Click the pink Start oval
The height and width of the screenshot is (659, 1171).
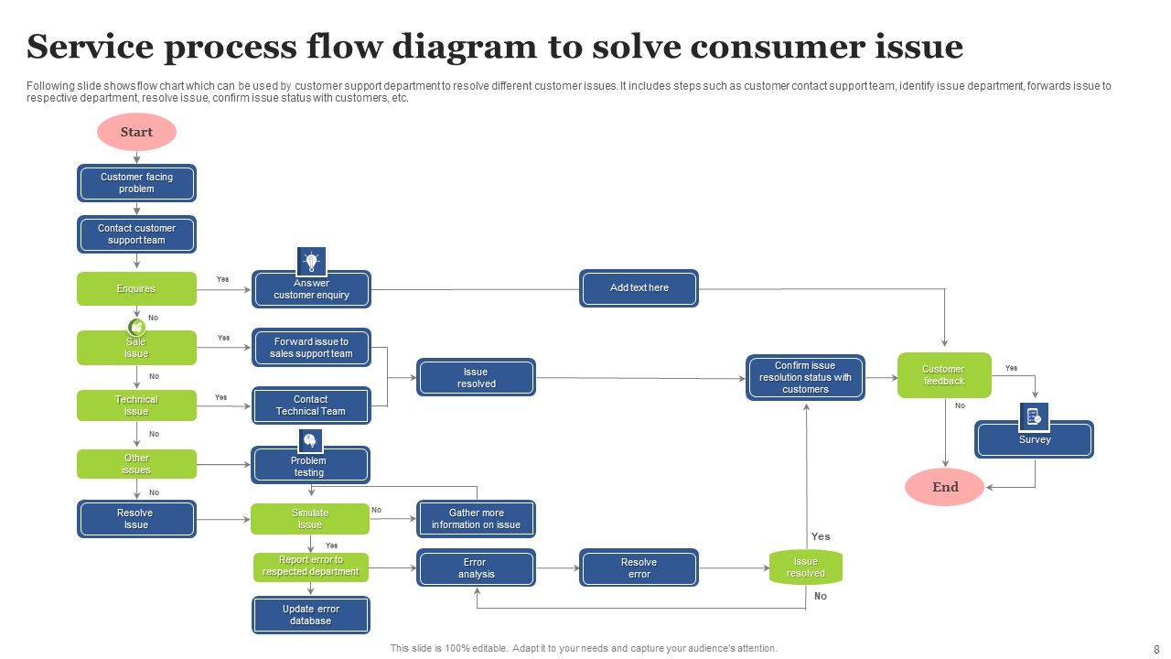click(136, 133)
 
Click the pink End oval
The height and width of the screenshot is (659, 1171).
click(944, 487)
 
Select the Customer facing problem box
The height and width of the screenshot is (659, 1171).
click(136, 183)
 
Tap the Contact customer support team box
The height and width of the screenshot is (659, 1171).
click(136, 234)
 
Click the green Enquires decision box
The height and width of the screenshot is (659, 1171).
click(136, 289)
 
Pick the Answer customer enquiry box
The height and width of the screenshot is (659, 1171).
click(311, 290)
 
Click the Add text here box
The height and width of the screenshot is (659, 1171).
click(639, 288)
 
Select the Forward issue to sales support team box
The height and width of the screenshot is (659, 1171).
click(311, 348)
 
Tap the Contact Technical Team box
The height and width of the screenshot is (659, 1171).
click(311, 405)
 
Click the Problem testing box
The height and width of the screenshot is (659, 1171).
click(310, 466)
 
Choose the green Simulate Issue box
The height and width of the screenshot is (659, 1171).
click(310, 519)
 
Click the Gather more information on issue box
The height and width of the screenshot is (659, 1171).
click(476, 519)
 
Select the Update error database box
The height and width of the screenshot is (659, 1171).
click(311, 615)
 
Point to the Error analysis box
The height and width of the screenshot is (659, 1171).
click(476, 568)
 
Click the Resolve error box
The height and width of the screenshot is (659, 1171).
click(639, 568)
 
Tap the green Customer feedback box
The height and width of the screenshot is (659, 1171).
click(943, 375)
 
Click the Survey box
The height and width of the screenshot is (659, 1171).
click(1034, 440)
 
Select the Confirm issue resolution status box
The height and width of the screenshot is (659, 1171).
click(805, 377)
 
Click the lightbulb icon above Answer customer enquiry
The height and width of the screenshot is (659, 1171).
click(311, 262)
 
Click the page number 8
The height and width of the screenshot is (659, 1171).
click(1155, 648)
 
